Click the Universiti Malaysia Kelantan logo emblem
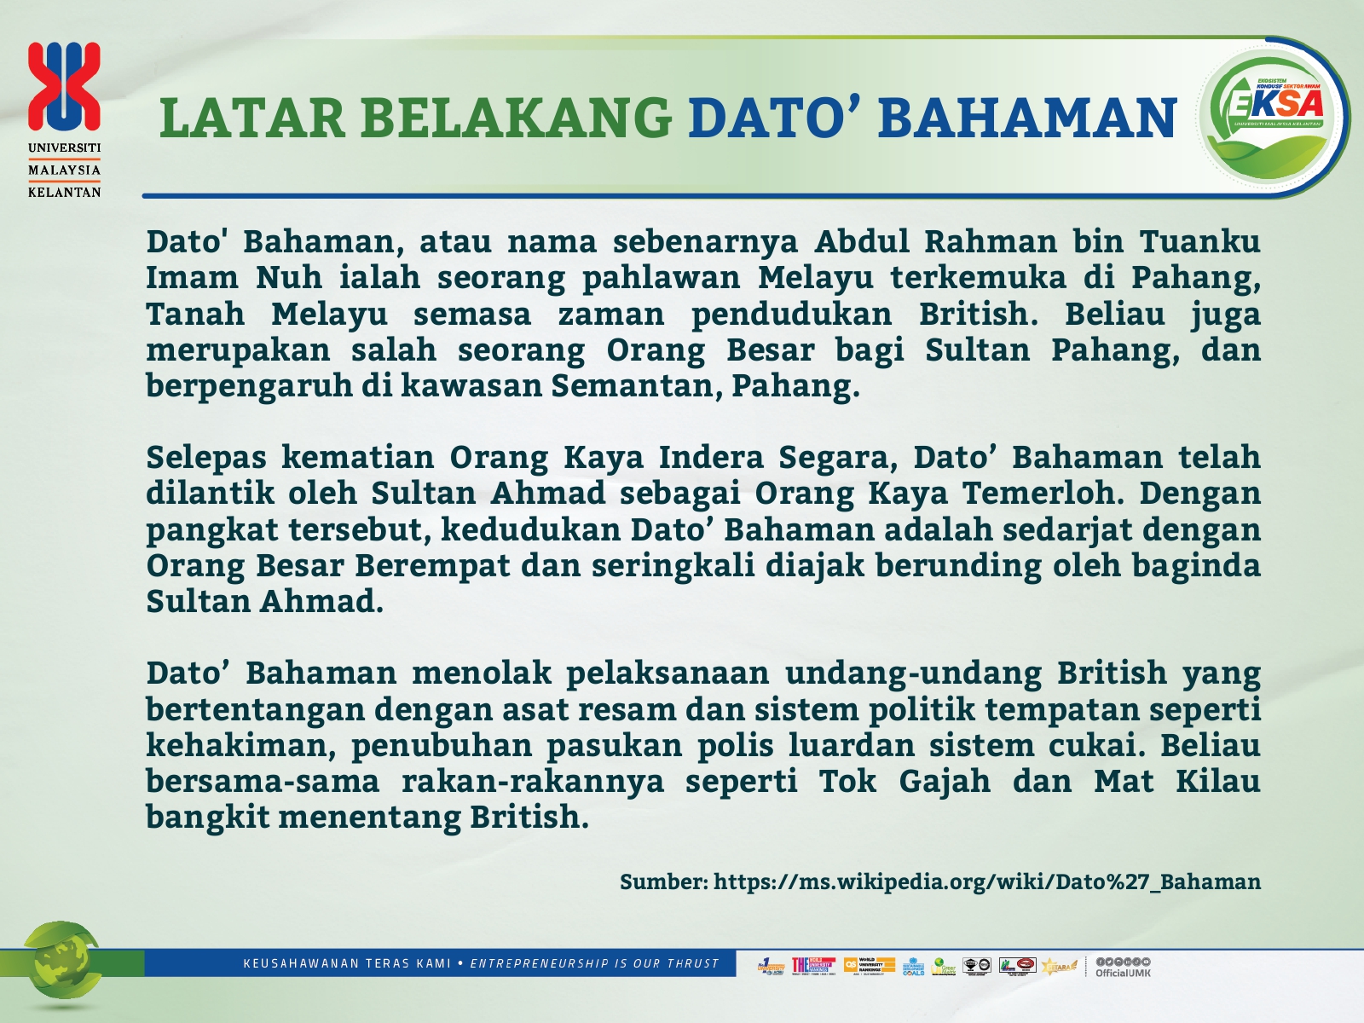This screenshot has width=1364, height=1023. [x=64, y=86]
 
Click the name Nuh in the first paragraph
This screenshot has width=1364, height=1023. [x=289, y=278]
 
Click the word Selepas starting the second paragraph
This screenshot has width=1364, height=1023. [x=206, y=458]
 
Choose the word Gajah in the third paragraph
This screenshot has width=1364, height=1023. [x=945, y=782]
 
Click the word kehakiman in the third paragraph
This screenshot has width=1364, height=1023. [x=236, y=746]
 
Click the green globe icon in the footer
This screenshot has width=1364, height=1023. [x=61, y=963]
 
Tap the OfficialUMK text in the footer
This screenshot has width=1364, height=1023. [x=1123, y=973]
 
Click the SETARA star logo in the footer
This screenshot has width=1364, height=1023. [x=1059, y=966]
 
